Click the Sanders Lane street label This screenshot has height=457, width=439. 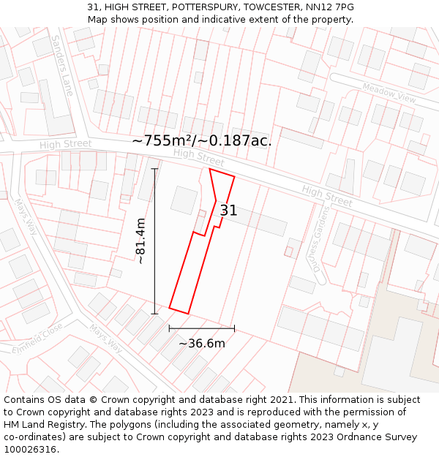point(63,65)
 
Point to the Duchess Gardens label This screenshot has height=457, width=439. point(323,238)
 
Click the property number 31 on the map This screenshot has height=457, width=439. point(228,211)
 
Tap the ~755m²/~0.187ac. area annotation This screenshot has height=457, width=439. point(202,140)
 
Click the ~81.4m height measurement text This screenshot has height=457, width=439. point(140,241)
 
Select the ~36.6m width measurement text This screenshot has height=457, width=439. point(202,343)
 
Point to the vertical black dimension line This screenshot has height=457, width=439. point(154,241)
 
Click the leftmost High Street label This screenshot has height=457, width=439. point(65,145)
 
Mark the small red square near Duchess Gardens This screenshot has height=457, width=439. point(288,252)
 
